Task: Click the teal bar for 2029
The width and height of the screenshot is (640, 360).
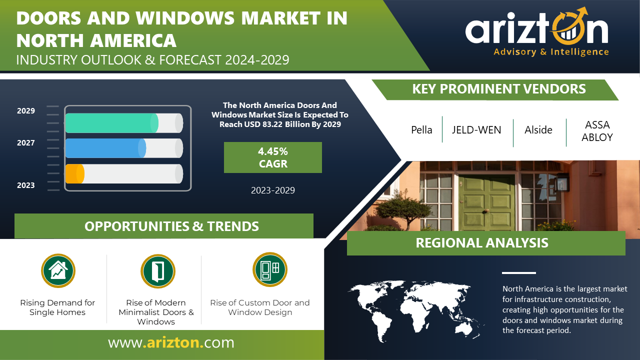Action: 111,123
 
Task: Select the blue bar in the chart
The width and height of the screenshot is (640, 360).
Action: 105,148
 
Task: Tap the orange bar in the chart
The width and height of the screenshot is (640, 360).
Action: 75,173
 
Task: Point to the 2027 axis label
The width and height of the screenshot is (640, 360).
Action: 25,143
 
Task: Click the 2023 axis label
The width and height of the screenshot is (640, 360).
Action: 25,185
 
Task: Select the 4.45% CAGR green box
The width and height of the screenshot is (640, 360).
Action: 273,157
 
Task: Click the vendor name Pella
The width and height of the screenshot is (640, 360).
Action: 421,130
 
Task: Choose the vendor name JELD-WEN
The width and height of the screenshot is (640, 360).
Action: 476,130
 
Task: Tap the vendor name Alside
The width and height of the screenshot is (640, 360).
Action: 538,130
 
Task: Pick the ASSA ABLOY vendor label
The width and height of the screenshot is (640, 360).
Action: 597,131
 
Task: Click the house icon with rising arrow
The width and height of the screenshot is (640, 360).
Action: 58,270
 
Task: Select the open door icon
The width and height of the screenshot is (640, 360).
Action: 157,271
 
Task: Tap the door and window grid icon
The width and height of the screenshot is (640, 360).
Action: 269,269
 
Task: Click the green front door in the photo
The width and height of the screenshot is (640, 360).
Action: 487,203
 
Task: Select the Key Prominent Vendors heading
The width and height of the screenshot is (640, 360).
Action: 499,89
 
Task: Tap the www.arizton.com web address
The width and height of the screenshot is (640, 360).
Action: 171,342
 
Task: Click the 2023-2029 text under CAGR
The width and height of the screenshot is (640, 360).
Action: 273,190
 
